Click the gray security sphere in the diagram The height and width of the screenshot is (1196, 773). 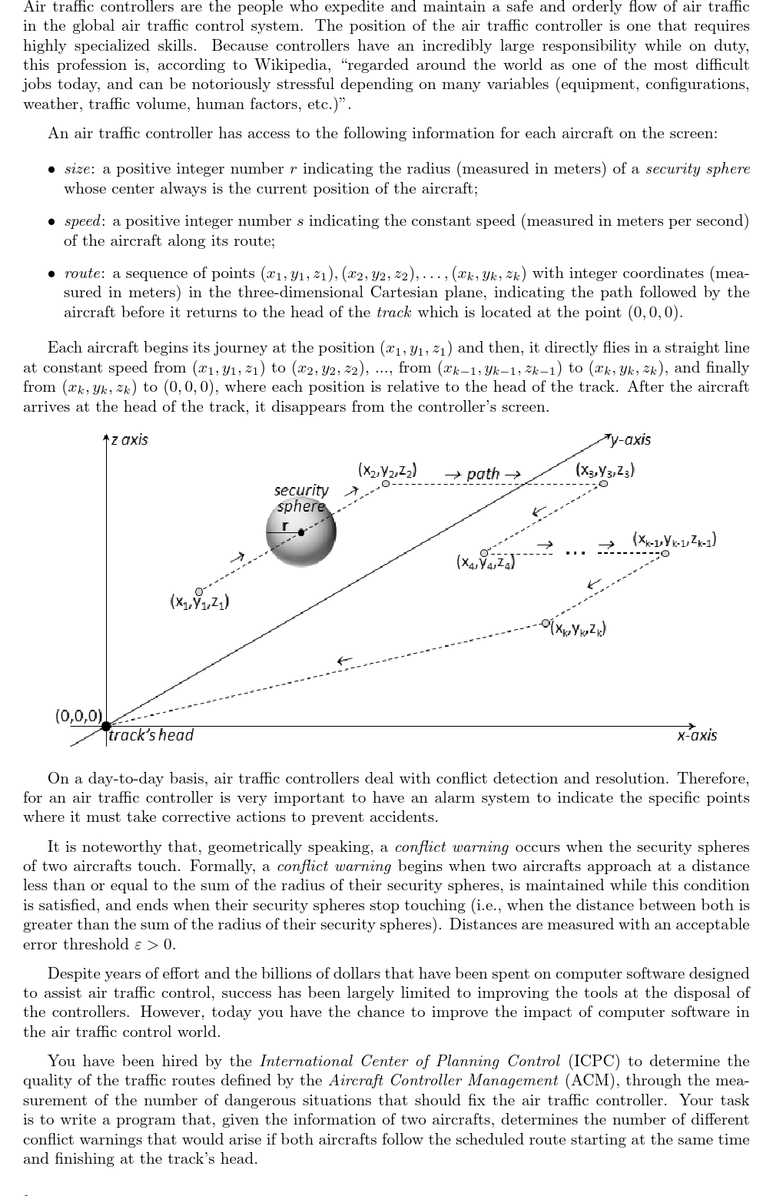[301, 532]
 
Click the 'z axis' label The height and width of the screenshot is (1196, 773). [129, 440]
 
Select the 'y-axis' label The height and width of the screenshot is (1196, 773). [629, 439]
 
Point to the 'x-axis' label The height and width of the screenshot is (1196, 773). [696, 735]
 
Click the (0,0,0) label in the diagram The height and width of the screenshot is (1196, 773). [78, 716]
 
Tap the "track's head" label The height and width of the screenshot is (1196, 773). [151, 735]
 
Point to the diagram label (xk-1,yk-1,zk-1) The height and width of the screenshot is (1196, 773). [674, 538]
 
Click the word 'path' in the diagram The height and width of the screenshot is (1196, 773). [483, 474]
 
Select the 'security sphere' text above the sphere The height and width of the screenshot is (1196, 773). [301, 498]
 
